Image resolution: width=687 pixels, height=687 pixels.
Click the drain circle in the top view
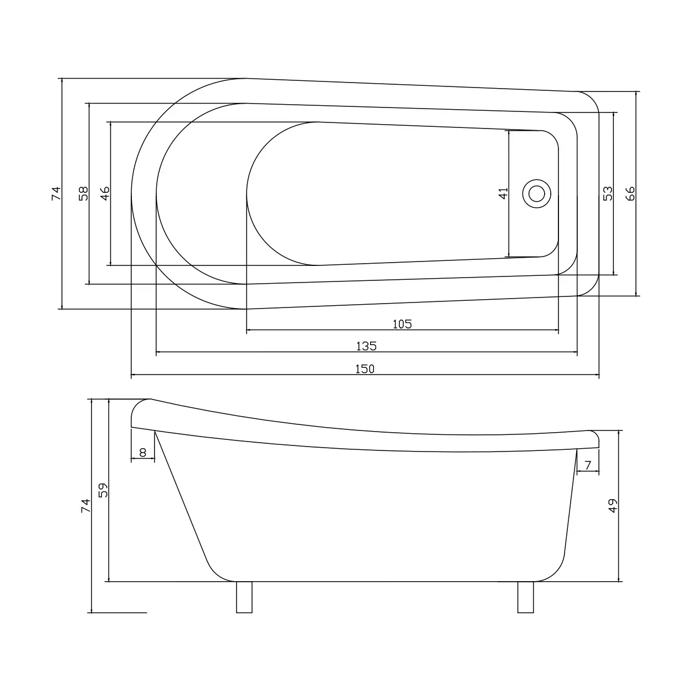tap(536, 194)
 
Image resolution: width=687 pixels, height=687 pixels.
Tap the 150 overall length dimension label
tap(365, 369)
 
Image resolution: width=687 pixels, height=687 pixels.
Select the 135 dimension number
tap(367, 346)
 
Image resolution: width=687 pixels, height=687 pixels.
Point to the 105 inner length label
tap(402, 324)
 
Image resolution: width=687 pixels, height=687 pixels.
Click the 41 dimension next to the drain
tap(503, 193)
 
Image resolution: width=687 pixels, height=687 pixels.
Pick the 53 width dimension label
tap(608, 193)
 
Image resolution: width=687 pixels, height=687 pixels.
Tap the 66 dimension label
tap(630, 193)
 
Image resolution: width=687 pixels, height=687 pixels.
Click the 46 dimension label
tap(105, 193)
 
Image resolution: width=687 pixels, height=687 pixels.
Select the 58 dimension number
tap(83, 193)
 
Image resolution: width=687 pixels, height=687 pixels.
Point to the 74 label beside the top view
tap(57, 193)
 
